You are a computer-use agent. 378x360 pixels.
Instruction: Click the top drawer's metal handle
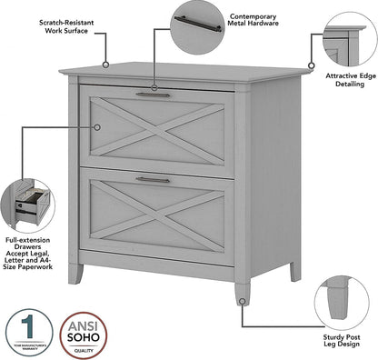click(153, 94)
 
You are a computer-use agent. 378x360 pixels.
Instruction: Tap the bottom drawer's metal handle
click(153, 179)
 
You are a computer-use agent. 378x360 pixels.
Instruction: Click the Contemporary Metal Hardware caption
click(254, 21)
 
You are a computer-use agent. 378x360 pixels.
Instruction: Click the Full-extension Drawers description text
click(32, 257)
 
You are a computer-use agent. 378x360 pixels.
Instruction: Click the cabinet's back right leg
click(293, 270)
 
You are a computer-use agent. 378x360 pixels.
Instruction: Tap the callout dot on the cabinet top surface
click(105, 65)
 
